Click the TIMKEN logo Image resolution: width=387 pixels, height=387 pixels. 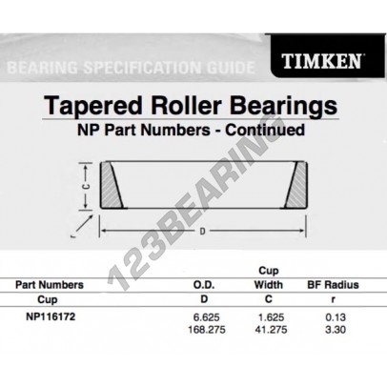click(321, 61)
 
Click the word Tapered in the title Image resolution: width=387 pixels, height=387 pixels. click(93, 106)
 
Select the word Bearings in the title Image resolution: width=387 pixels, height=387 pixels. click(283, 106)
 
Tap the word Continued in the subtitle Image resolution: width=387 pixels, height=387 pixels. click(265, 130)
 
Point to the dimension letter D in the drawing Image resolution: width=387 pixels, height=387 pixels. click(202, 232)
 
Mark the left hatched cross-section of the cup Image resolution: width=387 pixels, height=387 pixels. click(112, 185)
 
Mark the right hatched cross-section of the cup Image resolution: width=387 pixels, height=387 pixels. click(295, 185)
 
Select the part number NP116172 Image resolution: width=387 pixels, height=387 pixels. click(51, 316)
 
